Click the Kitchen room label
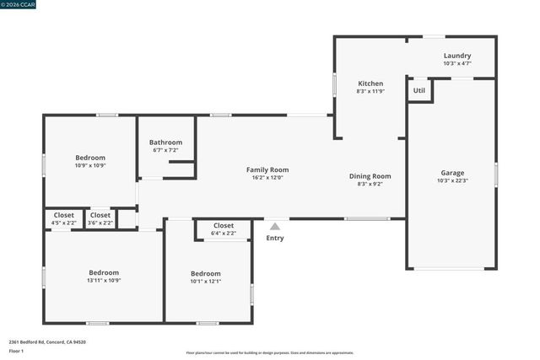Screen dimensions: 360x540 370,83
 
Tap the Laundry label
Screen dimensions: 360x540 457,56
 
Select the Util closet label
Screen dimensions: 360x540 419,89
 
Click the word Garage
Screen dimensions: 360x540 452,173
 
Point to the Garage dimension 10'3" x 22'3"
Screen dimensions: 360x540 452,180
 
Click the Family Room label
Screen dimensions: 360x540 267,169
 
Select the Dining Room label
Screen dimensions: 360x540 370,176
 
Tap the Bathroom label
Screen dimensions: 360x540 165,142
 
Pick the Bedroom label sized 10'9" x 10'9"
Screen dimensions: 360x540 90,158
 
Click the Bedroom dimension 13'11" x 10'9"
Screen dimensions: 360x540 104,281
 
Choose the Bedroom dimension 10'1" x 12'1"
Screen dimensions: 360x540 205,282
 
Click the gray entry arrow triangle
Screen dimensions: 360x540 275,226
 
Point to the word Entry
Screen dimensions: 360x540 275,238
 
